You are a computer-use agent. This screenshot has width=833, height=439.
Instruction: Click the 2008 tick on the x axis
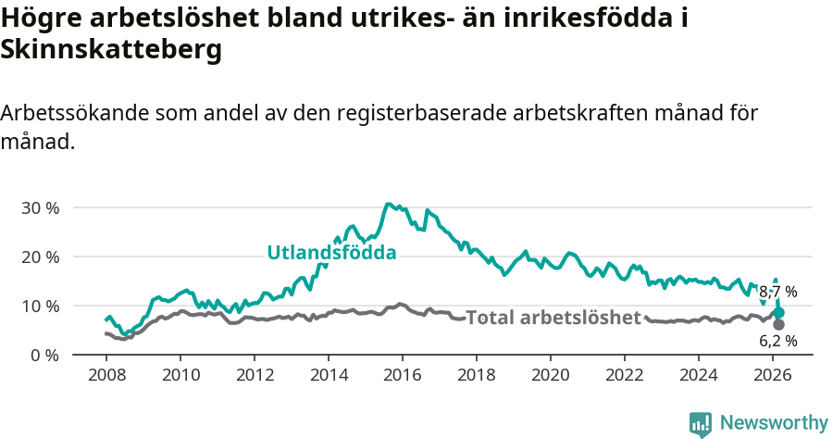(x=106, y=375)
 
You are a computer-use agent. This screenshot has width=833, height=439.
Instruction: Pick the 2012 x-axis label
(x=254, y=375)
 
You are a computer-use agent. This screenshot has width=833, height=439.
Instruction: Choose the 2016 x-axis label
(x=402, y=375)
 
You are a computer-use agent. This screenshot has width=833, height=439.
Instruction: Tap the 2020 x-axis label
(x=550, y=375)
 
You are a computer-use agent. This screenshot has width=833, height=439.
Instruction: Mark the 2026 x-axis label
(x=772, y=375)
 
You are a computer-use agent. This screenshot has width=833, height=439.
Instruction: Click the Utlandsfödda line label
(x=331, y=252)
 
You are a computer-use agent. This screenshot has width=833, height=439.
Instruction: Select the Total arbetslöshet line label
(x=553, y=318)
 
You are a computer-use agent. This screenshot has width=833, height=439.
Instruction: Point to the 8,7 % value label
(x=777, y=292)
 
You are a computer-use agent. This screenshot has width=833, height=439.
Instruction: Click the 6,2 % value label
(x=777, y=341)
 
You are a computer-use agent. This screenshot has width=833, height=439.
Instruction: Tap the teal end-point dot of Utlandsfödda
(x=778, y=312)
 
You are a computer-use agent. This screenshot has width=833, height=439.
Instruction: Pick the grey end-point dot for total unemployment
(x=778, y=324)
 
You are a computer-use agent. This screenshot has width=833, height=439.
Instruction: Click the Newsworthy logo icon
(x=701, y=423)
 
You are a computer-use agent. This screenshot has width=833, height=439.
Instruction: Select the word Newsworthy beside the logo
(x=774, y=423)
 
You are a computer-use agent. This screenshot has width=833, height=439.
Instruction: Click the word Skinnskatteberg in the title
(x=112, y=51)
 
